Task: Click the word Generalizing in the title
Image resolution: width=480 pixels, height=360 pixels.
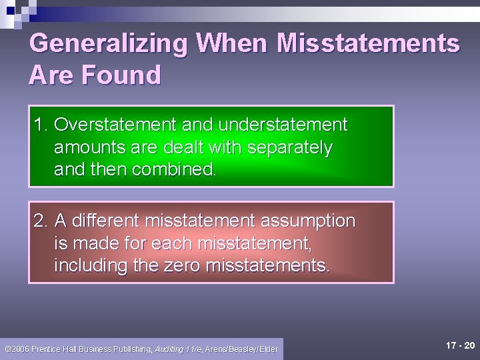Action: [109, 44]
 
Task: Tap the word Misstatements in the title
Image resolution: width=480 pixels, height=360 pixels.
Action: [368, 44]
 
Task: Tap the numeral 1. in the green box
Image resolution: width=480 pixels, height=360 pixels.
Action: [41, 125]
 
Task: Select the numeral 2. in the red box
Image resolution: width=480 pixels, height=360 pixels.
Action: [41, 221]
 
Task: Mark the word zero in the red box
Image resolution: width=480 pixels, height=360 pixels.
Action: [181, 265]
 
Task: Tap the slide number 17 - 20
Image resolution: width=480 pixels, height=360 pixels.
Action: [460, 345]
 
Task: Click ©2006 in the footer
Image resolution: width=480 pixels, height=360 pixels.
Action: [16, 349]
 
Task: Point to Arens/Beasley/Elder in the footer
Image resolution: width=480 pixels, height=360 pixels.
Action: [241, 349]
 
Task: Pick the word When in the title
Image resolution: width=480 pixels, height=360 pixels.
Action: [231, 44]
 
